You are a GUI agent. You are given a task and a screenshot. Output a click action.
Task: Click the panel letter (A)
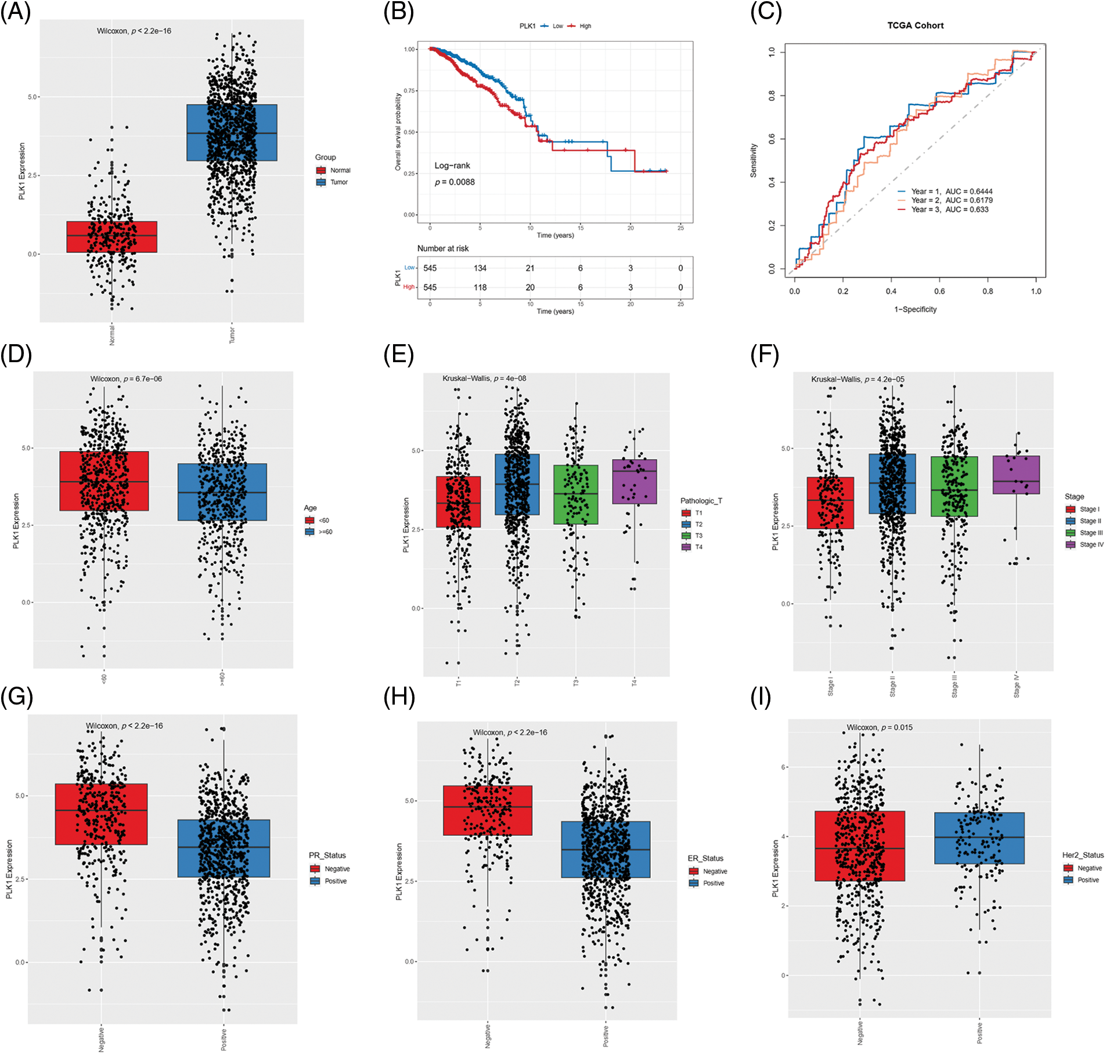click(16, 12)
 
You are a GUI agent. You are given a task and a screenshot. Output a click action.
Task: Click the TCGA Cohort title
click(915, 26)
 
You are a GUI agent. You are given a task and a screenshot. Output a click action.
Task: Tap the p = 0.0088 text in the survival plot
click(455, 182)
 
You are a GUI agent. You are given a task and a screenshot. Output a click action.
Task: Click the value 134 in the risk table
click(480, 268)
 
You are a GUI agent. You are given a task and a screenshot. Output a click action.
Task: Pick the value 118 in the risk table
click(480, 287)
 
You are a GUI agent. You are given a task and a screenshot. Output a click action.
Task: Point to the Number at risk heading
click(442, 248)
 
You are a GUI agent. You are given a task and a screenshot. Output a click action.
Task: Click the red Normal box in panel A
click(111, 237)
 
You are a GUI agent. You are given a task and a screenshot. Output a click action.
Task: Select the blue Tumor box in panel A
click(232, 132)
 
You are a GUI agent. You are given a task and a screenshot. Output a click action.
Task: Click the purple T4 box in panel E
click(634, 481)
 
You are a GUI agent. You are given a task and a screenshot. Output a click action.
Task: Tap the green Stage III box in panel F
click(954, 486)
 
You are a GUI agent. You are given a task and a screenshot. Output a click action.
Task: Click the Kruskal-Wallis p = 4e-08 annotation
click(484, 378)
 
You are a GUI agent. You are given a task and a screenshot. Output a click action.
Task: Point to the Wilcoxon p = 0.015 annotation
click(879, 727)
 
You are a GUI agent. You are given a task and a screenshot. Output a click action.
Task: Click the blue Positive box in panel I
click(979, 838)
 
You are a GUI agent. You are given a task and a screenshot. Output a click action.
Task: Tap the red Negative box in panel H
click(487, 810)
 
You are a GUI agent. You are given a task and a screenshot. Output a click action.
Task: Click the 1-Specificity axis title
click(915, 309)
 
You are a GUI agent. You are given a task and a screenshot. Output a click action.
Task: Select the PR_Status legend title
click(327, 856)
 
